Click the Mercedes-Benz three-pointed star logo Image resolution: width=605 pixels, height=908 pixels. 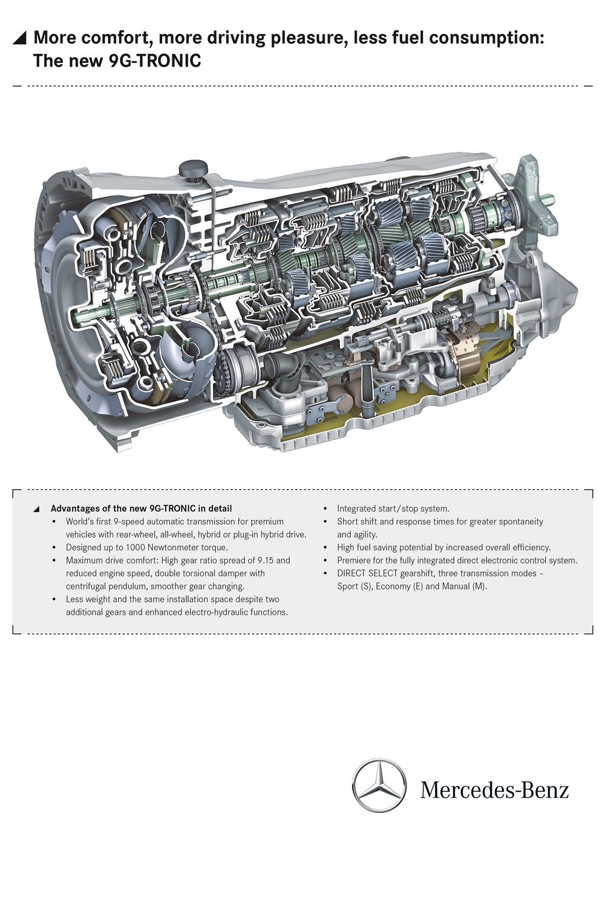379,785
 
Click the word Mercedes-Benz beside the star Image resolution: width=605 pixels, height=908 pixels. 494,790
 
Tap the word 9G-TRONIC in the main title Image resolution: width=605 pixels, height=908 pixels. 155,61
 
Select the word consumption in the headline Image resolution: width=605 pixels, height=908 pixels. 486,38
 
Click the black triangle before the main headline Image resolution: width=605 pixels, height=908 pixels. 20,39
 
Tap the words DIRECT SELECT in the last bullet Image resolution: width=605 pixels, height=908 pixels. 367,573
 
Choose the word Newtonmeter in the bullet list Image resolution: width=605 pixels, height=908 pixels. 173,547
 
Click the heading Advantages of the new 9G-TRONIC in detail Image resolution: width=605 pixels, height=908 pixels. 141,508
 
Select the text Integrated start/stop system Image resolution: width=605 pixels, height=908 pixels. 393,508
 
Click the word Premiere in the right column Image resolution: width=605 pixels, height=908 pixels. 354,560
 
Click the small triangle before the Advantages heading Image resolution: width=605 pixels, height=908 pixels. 36,509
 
